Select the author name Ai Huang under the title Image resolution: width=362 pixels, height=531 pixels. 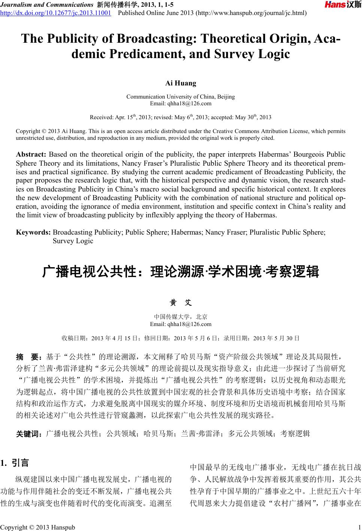pyautogui.click(x=181, y=83)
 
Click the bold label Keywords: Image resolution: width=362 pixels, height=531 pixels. pyautogui.click(x=33, y=232)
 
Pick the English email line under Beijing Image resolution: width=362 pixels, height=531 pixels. pyautogui.click(x=181, y=103)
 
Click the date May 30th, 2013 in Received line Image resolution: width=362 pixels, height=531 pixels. pyautogui.click(x=253, y=117)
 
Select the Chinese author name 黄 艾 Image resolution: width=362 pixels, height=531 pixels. pyautogui.click(x=181, y=302)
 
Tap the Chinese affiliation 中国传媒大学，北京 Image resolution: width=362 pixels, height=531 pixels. pyautogui.click(x=181, y=317)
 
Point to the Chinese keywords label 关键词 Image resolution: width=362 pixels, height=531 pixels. pyautogui.click(x=29, y=434)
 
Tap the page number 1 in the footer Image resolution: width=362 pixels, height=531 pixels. pyautogui.click(x=359, y=527)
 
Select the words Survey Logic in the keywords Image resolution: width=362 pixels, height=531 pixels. pyautogui.click(x=73, y=241)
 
